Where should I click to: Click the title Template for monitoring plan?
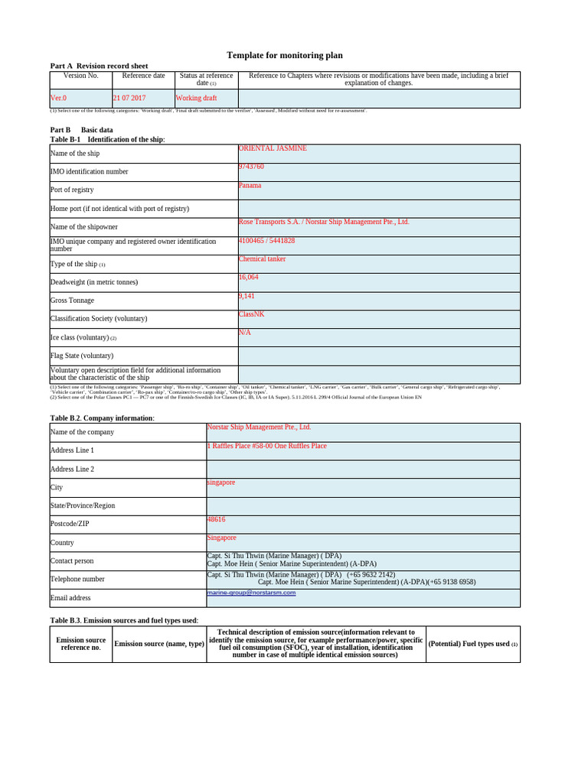click(285, 55)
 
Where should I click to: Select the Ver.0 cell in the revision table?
click(59, 99)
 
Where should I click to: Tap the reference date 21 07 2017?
click(129, 99)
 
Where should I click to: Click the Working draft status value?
click(197, 99)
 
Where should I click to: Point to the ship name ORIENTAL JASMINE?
click(273, 148)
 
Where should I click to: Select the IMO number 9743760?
click(251, 167)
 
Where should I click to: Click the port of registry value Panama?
click(250, 185)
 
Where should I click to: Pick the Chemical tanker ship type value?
click(262, 259)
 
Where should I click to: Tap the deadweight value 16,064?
click(249, 278)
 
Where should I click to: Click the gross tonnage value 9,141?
click(247, 296)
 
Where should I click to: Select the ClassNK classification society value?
click(251, 314)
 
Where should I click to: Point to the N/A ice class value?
click(244, 333)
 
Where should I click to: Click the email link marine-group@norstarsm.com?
click(251, 593)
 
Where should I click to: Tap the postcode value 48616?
click(216, 519)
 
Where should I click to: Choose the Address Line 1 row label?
click(72, 450)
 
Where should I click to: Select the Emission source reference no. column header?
click(81, 644)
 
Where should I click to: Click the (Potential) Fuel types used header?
click(472, 644)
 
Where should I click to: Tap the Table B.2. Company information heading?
click(102, 418)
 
